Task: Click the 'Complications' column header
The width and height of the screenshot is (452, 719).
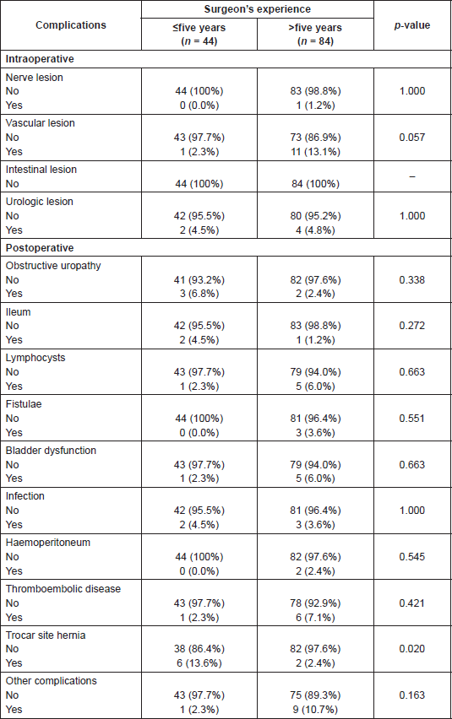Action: click(x=71, y=25)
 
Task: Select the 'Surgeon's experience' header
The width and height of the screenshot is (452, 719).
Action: click(x=258, y=9)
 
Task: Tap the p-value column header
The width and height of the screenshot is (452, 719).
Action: click(x=412, y=25)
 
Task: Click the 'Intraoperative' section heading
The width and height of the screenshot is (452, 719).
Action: click(x=40, y=59)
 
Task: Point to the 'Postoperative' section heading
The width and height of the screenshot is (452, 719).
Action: click(x=40, y=247)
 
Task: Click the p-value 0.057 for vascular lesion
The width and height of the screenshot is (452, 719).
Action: click(x=412, y=137)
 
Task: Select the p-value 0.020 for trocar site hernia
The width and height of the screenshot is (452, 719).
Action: click(x=412, y=649)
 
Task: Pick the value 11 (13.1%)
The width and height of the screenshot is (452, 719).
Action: click(x=316, y=151)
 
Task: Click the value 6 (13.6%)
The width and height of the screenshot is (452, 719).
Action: click(x=199, y=663)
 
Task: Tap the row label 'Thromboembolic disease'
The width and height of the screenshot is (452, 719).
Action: click(x=63, y=589)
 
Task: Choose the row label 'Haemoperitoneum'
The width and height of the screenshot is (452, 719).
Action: click(x=47, y=543)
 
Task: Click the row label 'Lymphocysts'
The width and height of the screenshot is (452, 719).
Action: click(x=35, y=358)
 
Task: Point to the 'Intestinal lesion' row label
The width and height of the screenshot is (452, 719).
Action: click(x=41, y=170)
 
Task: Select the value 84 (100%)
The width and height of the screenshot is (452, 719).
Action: click(x=316, y=184)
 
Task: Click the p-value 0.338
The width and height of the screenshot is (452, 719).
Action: click(x=412, y=279)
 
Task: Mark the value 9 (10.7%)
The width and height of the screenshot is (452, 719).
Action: click(x=316, y=710)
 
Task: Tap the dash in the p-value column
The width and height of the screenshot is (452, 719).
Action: click(x=412, y=176)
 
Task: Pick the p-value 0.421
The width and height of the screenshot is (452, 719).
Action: click(x=412, y=603)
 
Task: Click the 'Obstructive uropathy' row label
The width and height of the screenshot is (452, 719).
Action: click(x=53, y=266)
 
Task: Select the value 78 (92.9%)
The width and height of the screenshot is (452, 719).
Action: click(x=316, y=603)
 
